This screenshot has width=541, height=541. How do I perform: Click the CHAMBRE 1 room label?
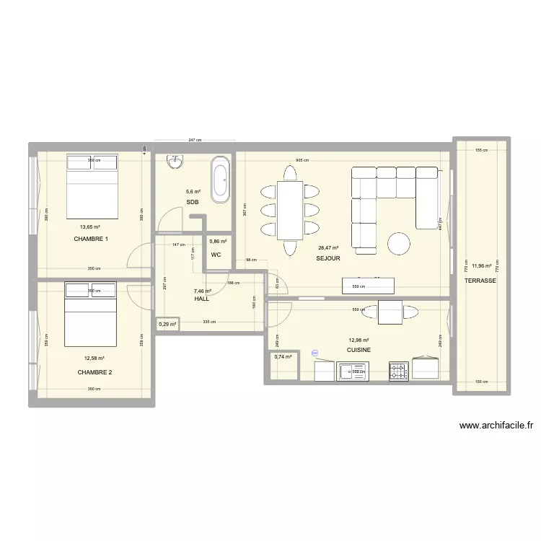(x=91, y=239)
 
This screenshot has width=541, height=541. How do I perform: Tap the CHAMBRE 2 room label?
(x=94, y=372)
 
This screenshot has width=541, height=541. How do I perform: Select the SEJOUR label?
(x=327, y=258)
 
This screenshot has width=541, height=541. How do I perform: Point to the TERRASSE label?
(x=480, y=281)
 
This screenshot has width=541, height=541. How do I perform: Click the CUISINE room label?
(x=359, y=350)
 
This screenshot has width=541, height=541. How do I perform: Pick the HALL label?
(x=201, y=298)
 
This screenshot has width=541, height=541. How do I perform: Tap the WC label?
(x=216, y=255)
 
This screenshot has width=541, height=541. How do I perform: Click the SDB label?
(x=193, y=202)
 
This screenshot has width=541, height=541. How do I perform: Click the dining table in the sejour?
(x=290, y=210)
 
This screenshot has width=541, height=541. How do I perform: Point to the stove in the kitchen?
(x=398, y=371)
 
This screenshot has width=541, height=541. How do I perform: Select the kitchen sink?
(x=354, y=371)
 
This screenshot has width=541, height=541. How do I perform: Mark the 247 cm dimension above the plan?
(x=193, y=141)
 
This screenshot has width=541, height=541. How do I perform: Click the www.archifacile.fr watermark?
(x=496, y=426)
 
